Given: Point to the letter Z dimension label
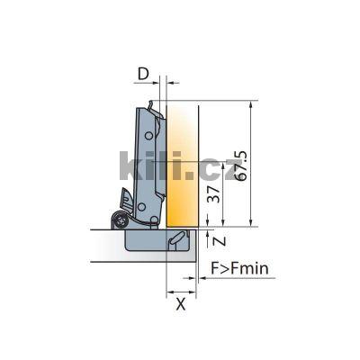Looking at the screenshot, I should tap(212, 238).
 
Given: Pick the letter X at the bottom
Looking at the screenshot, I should tap(180, 303).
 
